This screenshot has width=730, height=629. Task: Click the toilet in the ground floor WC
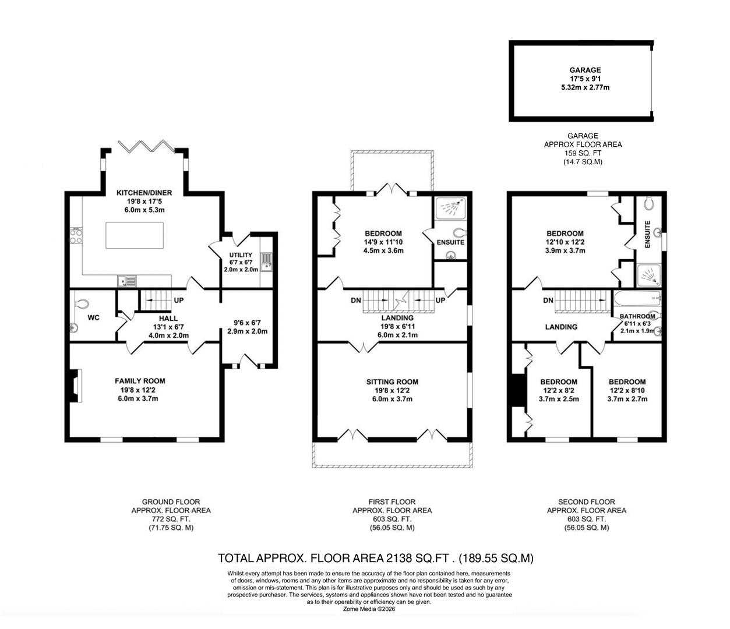click(x=82, y=304)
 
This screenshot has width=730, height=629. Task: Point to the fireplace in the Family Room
click(x=74, y=386)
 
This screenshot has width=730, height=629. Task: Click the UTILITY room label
click(x=241, y=255)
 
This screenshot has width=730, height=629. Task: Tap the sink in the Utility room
click(x=266, y=262)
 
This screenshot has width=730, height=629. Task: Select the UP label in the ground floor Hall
click(x=179, y=301)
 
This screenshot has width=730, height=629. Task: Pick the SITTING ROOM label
click(x=392, y=382)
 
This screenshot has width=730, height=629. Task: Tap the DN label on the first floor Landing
click(x=355, y=301)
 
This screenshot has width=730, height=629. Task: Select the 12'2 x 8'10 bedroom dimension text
click(x=627, y=391)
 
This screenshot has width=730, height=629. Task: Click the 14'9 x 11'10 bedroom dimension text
click(x=383, y=243)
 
